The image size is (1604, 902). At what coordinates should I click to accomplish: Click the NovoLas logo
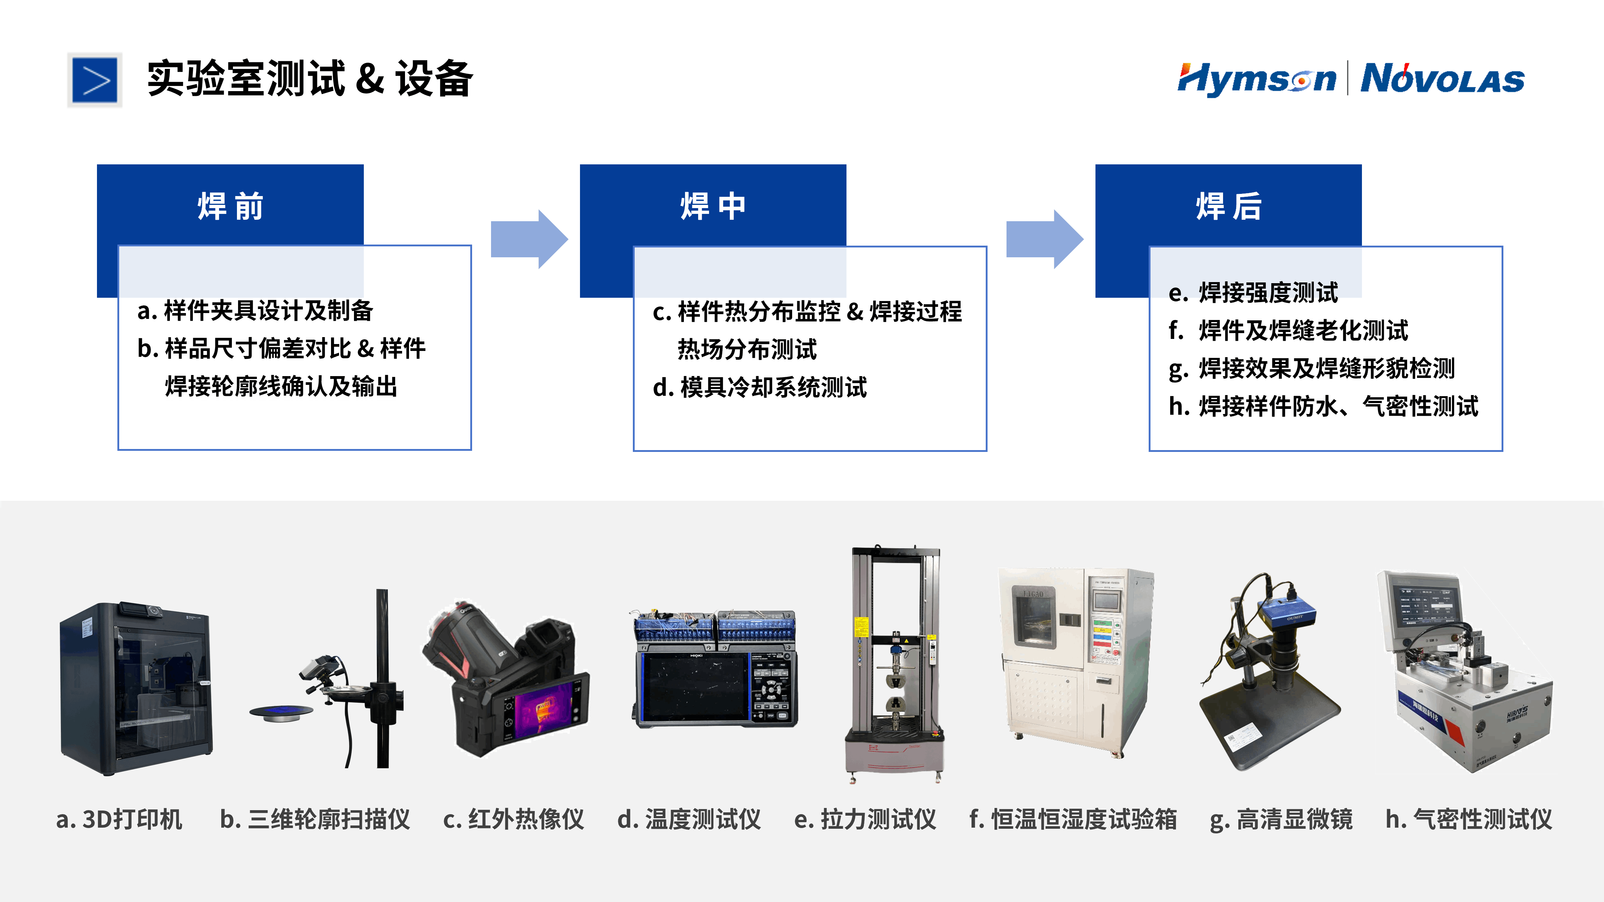(1442, 79)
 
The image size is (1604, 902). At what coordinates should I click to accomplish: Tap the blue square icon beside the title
(95, 80)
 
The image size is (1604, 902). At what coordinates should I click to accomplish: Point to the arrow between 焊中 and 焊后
(1044, 239)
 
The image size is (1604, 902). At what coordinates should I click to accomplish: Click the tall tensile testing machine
(895, 663)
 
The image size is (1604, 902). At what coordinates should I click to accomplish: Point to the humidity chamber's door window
(1033, 616)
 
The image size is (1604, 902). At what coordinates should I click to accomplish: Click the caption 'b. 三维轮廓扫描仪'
(315, 819)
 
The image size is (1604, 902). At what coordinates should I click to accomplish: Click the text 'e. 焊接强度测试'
(1253, 293)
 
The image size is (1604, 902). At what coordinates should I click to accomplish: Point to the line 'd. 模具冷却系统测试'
(760, 387)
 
